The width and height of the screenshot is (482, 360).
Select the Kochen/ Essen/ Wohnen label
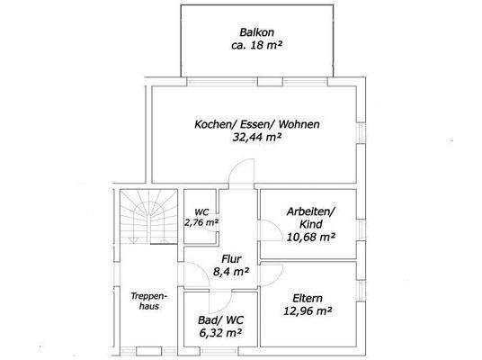pyautogui.click(x=257, y=123)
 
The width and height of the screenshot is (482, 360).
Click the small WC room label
pyautogui.click(x=201, y=211)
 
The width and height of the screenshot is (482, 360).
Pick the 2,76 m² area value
pyautogui.click(x=201, y=221)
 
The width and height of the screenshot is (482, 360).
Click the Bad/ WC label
pyautogui.click(x=219, y=320)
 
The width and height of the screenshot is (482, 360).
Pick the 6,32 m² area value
pyautogui.click(x=219, y=333)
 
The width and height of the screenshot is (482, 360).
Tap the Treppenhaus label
pyautogui.click(x=146, y=300)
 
